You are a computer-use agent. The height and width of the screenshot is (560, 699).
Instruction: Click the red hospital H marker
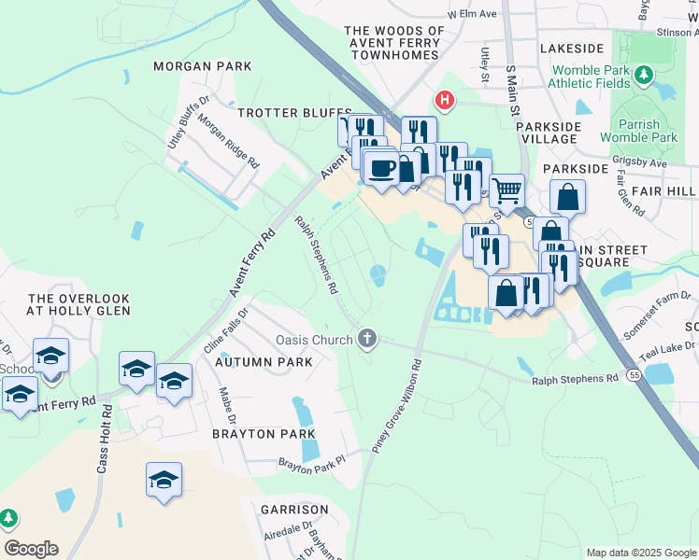(x=445, y=99)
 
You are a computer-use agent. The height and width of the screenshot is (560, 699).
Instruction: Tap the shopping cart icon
(x=506, y=190)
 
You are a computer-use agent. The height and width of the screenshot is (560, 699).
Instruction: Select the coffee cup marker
(x=380, y=168)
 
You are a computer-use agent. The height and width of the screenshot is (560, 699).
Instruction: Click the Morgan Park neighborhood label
(x=203, y=66)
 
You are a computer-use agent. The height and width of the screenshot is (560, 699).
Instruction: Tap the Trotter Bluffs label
(x=294, y=112)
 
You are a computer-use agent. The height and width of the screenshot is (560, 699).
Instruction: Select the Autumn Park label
(x=263, y=361)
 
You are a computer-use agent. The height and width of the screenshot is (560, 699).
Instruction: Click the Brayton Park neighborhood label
(x=256, y=434)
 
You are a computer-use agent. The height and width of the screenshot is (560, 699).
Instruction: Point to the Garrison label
(x=294, y=510)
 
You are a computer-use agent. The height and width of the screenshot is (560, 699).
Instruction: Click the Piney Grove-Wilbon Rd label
(x=397, y=407)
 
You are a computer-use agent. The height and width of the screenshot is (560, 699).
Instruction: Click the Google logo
(x=31, y=549)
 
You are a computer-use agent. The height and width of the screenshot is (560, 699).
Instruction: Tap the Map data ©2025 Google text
(x=640, y=553)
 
